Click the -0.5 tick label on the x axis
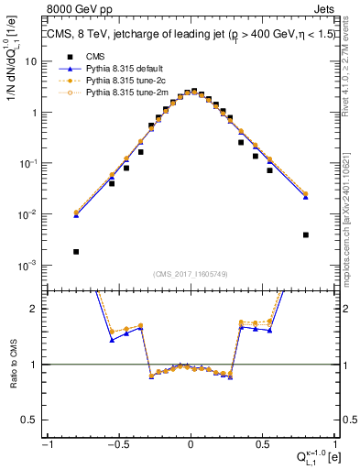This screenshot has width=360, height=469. tap(117, 444)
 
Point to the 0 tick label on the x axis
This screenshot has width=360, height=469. tap(190, 444)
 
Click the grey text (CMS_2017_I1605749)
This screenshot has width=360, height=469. tap(190, 274)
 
